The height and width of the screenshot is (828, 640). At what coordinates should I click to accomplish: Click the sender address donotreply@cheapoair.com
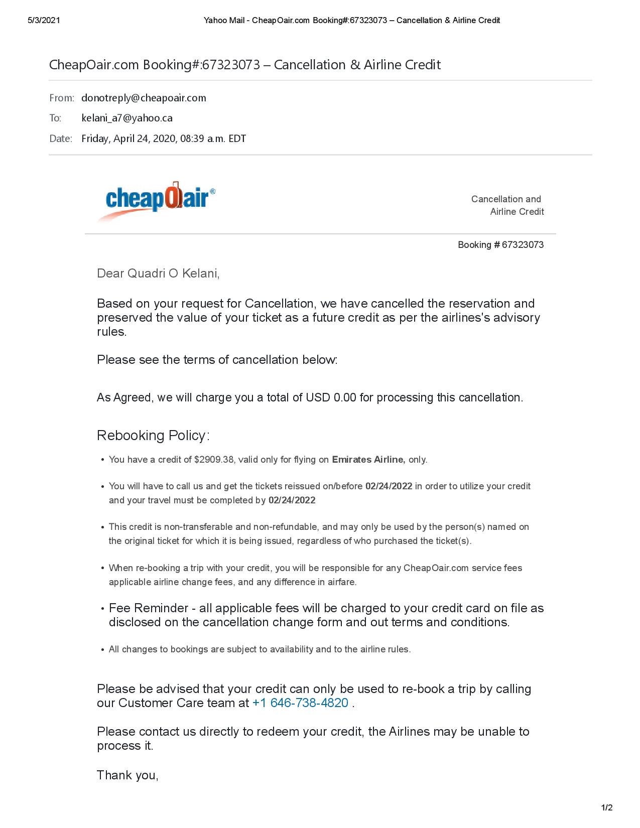point(144,98)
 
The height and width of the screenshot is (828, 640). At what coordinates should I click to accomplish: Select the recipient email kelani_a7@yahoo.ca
point(127,118)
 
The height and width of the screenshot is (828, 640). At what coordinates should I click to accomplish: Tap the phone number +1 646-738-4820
point(300,703)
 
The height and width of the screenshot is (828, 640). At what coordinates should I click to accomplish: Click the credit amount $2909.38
point(214,459)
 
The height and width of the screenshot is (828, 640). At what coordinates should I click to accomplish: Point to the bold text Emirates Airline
point(368,459)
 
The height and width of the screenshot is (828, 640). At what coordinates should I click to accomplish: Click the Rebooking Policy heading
point(153,435)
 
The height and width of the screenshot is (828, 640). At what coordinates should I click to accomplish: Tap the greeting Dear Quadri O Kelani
point(158,273)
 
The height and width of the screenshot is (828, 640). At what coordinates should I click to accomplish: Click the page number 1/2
point(607,807)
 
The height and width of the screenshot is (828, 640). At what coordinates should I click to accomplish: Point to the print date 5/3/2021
point(44,20)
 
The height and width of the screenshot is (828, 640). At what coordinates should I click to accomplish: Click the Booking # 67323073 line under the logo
point(500,245)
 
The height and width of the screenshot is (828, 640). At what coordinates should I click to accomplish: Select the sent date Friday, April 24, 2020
point(130,139)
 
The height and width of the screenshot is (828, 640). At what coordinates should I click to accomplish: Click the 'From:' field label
point(61,98)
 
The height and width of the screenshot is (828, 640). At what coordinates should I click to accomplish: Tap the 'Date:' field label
point(61,139)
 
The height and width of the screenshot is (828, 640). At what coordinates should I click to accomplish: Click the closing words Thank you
point(127,775)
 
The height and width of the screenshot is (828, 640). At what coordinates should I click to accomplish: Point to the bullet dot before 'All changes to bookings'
point(103,650)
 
